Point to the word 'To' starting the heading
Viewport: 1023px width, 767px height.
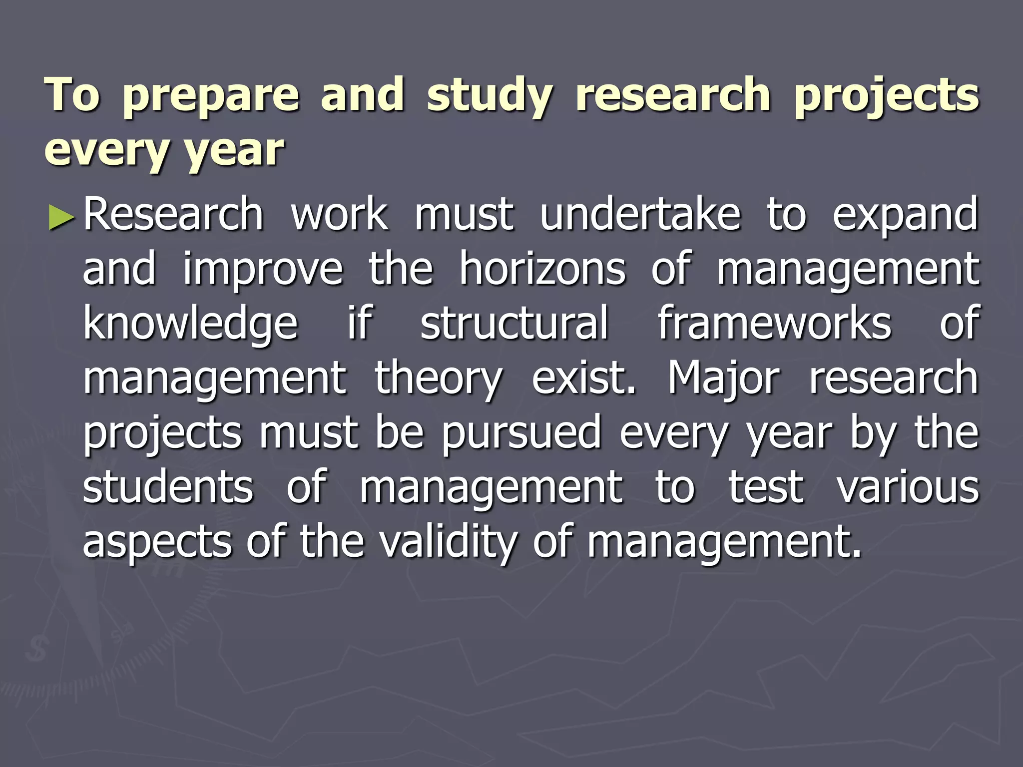point(72,95)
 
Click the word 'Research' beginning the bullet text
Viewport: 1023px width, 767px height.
point(173,214)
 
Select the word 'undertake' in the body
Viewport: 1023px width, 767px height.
point(640,214)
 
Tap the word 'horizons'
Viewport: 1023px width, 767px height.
point(542,269)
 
